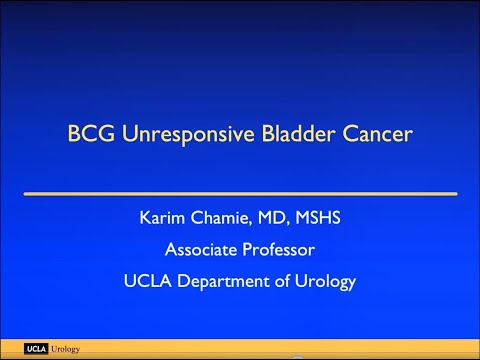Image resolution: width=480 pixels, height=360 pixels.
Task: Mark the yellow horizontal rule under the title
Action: pyautogui.click(x=240, y=191)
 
